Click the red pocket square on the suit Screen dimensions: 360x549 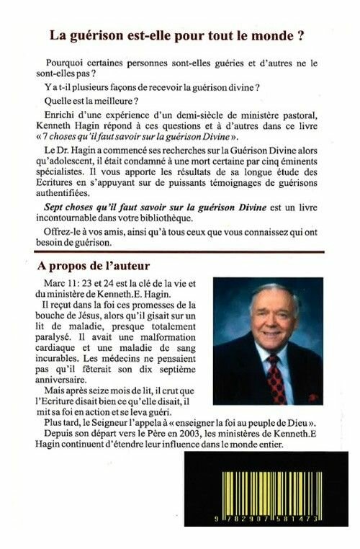[312, 397]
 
